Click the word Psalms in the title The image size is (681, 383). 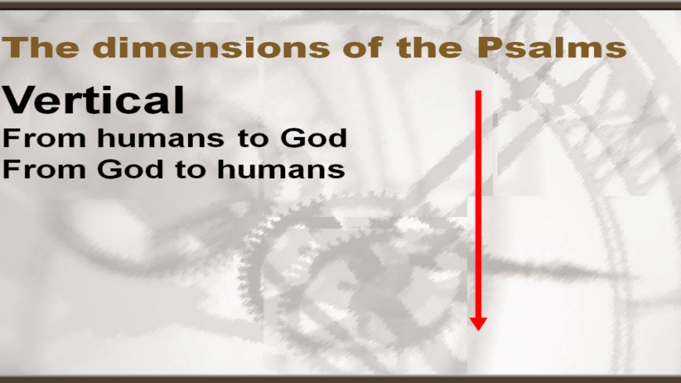(x=552, y=48)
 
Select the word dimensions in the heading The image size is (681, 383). (x=211, y=48)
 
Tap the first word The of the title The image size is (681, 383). (x=41, y=48)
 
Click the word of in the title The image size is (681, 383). (x=363, y=48)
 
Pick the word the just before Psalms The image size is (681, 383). (x=429, y=48)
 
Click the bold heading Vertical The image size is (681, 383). (x=93, y=100)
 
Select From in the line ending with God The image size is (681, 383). (x=44, y=138)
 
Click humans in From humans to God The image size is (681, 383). (x=161, y=138)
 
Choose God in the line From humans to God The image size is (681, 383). (x=314, y=138)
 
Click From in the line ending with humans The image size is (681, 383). (x=44, y=170)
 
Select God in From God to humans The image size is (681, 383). (x=131, y=170)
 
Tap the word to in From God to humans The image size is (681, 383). (x=190, y=171)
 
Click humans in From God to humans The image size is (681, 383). (x=281, y=170)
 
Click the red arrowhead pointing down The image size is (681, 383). (x=478, y=324)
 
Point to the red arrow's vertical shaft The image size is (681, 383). (x=478, y=204)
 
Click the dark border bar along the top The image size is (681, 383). (x=340, y=6)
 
